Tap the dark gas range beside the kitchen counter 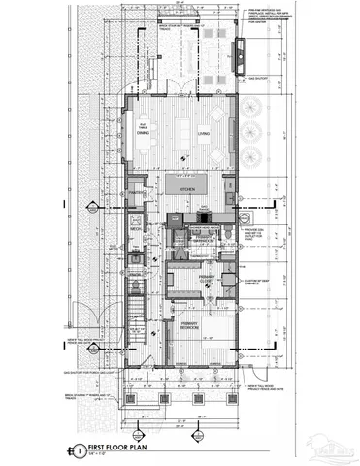(x=175, y=219)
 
